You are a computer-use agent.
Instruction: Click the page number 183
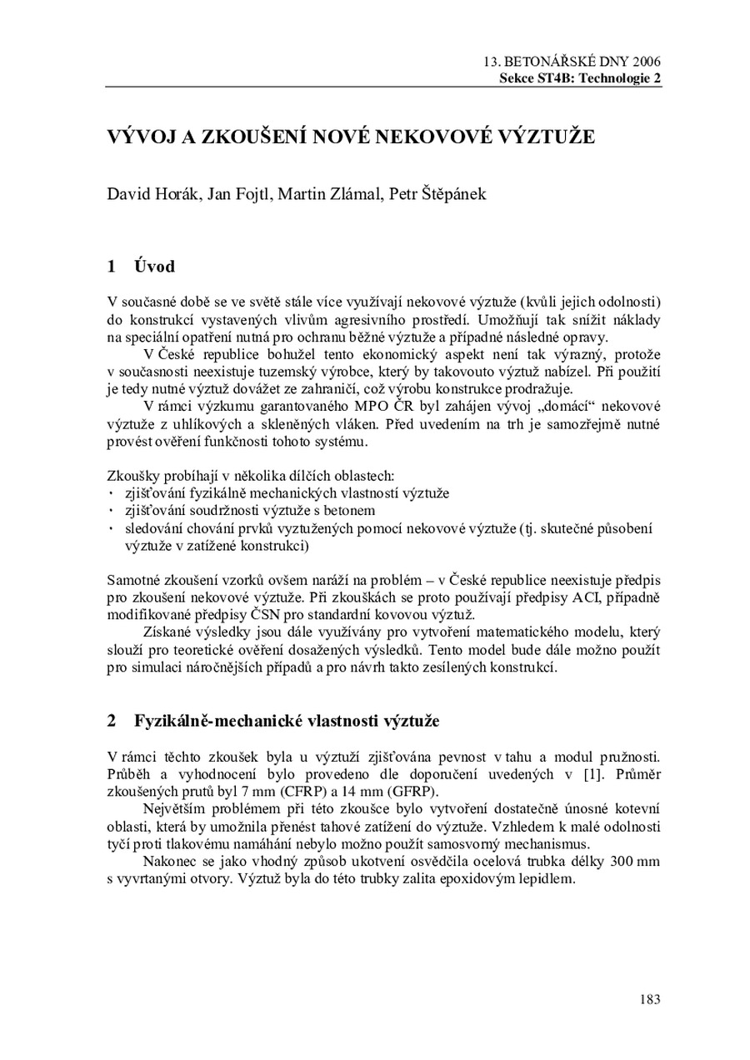tap(651, 998)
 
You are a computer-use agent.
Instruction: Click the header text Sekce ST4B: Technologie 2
tap(580, 77)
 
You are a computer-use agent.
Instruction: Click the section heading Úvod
tap(154, 267)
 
